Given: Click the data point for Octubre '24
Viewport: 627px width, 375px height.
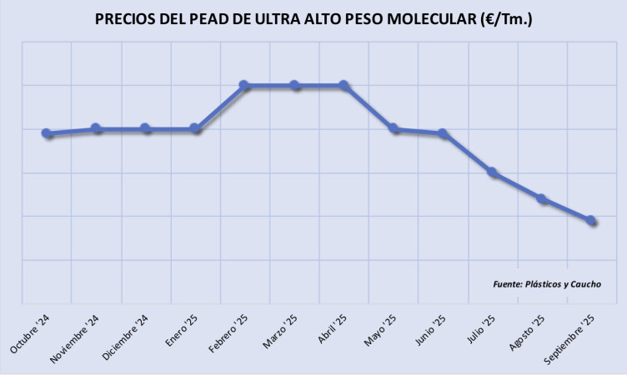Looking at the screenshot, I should tap(47, 133).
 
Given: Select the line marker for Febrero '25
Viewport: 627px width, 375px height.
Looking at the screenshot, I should tap(244, 85).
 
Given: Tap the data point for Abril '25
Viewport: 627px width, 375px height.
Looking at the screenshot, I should tap(344, 85).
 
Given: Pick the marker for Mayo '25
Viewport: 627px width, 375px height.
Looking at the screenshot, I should tap(394, 128).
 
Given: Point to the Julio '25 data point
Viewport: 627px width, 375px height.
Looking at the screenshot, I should tap(492, 172).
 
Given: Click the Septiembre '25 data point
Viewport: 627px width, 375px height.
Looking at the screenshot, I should tap(591, 220).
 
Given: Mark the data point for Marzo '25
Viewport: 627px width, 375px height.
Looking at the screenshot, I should tap(294, 85).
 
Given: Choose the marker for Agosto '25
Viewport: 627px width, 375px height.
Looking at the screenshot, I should tap(542, 198).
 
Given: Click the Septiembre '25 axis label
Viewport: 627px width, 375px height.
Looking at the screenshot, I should tap(569, 342).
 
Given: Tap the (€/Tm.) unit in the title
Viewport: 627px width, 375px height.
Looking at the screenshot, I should tap(504, 18).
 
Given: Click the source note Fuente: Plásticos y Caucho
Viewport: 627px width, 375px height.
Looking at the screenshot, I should tap(547, 284).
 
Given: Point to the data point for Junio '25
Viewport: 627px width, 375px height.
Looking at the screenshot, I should tap(443, 133).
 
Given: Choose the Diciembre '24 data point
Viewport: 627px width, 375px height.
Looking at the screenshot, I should tap(146, 128).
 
